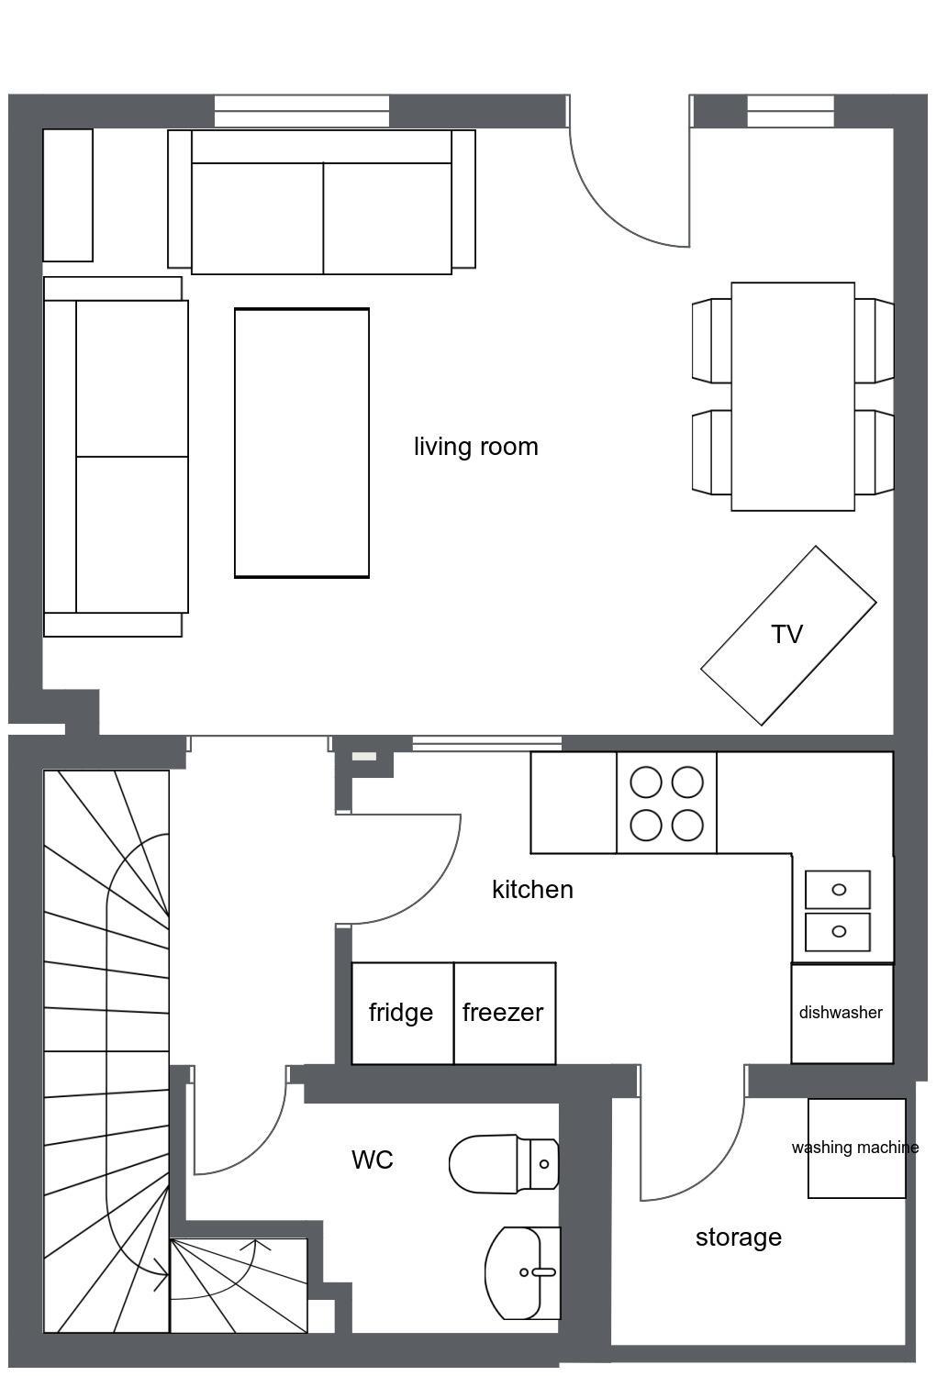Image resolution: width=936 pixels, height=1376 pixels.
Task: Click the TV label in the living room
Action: click(786, 635)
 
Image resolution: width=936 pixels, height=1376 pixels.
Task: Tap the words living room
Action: click(475, 447)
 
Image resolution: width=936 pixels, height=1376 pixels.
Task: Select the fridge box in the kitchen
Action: click(403, 1013)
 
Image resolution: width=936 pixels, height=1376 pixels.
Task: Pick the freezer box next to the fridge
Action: click(505, 1013)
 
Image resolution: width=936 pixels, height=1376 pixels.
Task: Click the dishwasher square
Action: click(842, 1014)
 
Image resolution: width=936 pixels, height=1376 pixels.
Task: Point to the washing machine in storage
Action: click(856, 1149)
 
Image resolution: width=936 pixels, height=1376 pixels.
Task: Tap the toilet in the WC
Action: click(504, 1164)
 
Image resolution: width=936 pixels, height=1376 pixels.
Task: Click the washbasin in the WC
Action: click(522, 1272)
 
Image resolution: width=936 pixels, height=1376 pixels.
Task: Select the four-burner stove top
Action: click(666, 803)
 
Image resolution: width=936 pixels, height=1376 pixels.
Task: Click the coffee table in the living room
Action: click(302, 443)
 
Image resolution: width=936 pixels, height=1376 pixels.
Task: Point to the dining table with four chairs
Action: click(793, 396)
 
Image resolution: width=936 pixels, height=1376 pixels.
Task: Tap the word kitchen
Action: click(532, 890)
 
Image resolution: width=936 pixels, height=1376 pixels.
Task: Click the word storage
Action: click(738, 1237)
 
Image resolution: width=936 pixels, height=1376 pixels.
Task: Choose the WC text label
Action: click(373, 1160)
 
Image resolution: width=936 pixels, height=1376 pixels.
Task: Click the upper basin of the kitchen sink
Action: click(838, 889)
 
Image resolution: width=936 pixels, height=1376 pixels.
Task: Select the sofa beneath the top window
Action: click(321, 202)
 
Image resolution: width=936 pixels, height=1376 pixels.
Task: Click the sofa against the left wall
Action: click(116, 457)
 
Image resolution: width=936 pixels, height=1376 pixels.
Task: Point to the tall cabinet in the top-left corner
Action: click(68, 195)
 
